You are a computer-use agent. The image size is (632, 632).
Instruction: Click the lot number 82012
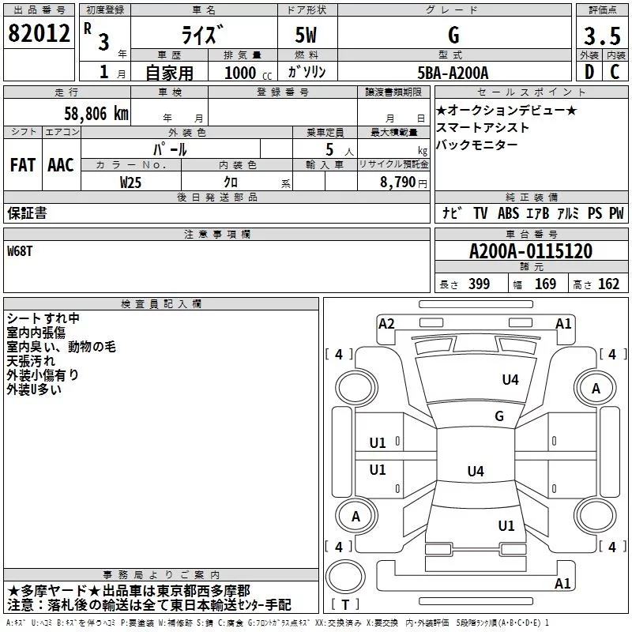coord(38,33)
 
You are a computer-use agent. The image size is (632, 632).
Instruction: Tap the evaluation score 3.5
coord(602,36)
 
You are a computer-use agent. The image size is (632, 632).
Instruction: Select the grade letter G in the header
coord(453,35)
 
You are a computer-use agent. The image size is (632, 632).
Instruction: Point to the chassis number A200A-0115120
coord(530,251)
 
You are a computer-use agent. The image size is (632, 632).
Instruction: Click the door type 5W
coord(307,35)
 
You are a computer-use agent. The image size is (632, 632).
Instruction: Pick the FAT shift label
coord(22,164)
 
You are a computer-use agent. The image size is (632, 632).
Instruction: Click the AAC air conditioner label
coord(60,164)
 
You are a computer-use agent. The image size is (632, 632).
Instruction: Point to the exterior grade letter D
coord(589,72)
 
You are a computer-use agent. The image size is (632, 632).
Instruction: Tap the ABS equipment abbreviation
coord(508,213)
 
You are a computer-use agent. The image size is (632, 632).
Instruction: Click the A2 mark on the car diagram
coord(386,323)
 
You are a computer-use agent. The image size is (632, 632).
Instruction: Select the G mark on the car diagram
coord(499,416)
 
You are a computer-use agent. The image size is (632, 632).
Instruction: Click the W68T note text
coord(20,250)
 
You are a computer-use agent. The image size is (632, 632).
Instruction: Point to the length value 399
coord(479,284)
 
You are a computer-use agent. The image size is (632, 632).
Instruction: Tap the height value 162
coord(608,284)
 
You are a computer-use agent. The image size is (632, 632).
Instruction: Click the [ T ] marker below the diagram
coord(345,604)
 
